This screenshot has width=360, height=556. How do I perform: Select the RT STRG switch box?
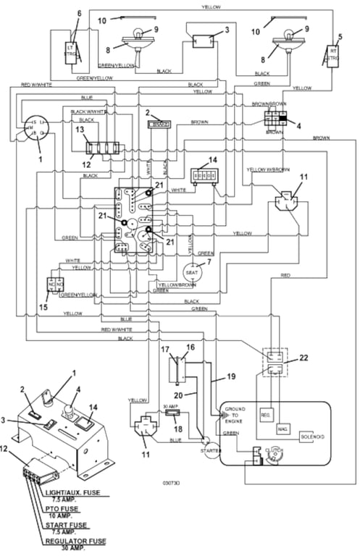(x=333, y=55)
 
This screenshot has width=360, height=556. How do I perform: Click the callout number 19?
(x=230, y=376)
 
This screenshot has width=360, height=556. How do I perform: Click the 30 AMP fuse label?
(x=170, y=407)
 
